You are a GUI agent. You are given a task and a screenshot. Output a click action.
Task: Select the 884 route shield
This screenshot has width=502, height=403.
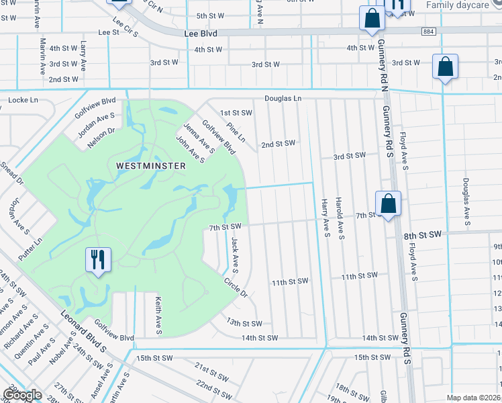[x=429, y=32]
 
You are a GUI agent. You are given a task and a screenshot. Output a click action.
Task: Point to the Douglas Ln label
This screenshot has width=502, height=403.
[x=283, y=98]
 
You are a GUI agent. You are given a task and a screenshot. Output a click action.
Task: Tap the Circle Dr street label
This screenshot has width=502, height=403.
[x=236, y=288]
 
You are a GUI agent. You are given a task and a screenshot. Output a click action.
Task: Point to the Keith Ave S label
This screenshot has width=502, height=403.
[x=159, y=316]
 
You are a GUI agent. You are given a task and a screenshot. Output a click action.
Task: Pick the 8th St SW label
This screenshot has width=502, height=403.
[x=422, y=235]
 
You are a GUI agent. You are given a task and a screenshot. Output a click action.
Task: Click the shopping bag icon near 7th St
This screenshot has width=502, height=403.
[x=388, y=204]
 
